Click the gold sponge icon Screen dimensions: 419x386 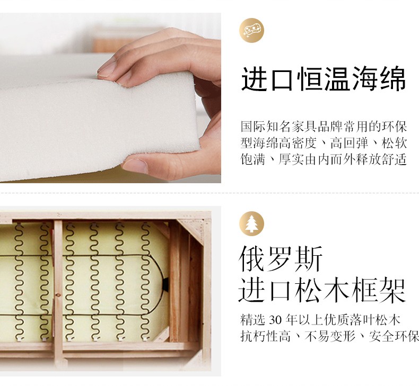click(x=251, y=30)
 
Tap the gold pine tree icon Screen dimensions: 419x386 click(x=251, y=223)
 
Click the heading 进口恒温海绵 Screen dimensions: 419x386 click(x=324, y=79)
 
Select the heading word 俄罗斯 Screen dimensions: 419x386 click(x=281, y=259)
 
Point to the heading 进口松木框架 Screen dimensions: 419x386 click(x=322, y=290)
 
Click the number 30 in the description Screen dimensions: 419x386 click(x=275, y=320)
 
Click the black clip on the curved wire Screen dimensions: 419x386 click(x=165, y=284)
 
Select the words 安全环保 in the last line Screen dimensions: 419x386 click(x=394, y=336)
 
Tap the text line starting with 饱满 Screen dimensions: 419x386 click(x=324, y=159)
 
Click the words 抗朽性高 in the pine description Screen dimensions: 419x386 click(x=265, y=336)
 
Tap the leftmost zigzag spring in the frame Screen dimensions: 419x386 click(x=19, y=282)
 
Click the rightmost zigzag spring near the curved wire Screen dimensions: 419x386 click(x=146, y=282)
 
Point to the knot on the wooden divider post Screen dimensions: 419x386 click(x=58, y=295)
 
